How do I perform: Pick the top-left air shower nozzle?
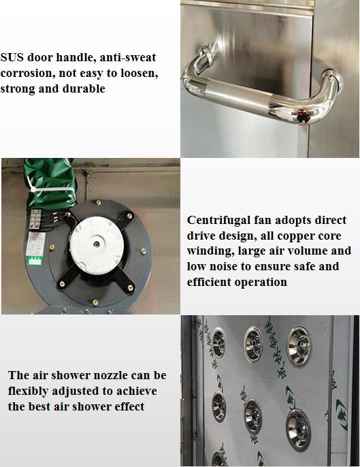pyautogui.click(x=218, y=340)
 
